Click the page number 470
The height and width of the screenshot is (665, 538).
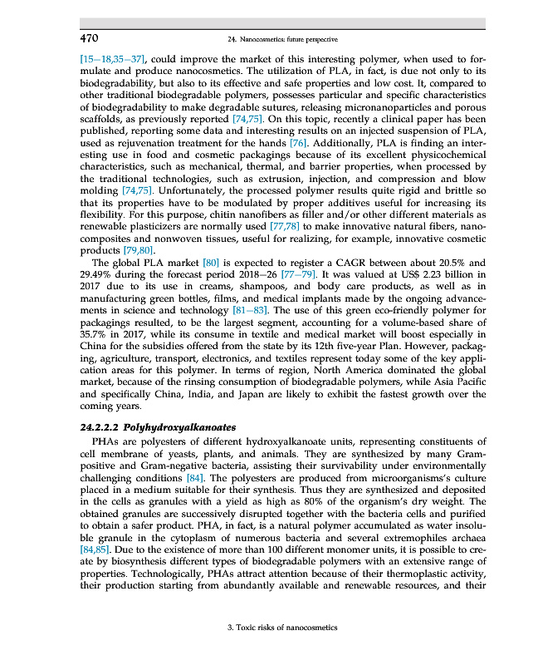[90, 38]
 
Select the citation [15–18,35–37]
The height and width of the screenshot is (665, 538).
[113, 60]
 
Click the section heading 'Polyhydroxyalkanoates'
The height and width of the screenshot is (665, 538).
[180, 426]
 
